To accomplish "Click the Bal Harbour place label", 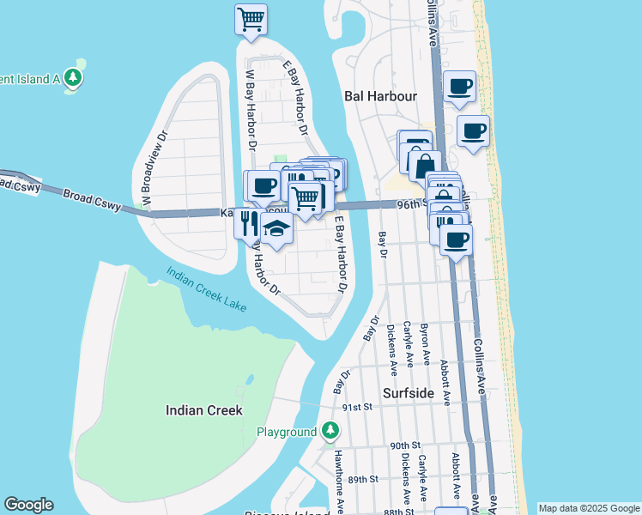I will pyautogui.click(x=379, y=96).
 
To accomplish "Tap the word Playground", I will pyautogui.click(x=287, y=432).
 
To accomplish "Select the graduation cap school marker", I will pyautogui.click(x=276, y=228).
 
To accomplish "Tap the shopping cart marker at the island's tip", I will pyautogui.click(x=251, y=18).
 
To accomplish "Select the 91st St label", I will pyautogui.click(x=355, y=408).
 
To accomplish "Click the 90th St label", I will pyautogui.click(x=403, y=445).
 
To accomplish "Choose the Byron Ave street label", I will pyautogui.click(x=425, y=343).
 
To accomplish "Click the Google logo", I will pyautogui.click(x=28, y=505).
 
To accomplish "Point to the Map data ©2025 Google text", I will pyautogui.click(x=589, y=508).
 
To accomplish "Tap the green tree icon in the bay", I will pyautogui.click(x=75, y=77).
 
